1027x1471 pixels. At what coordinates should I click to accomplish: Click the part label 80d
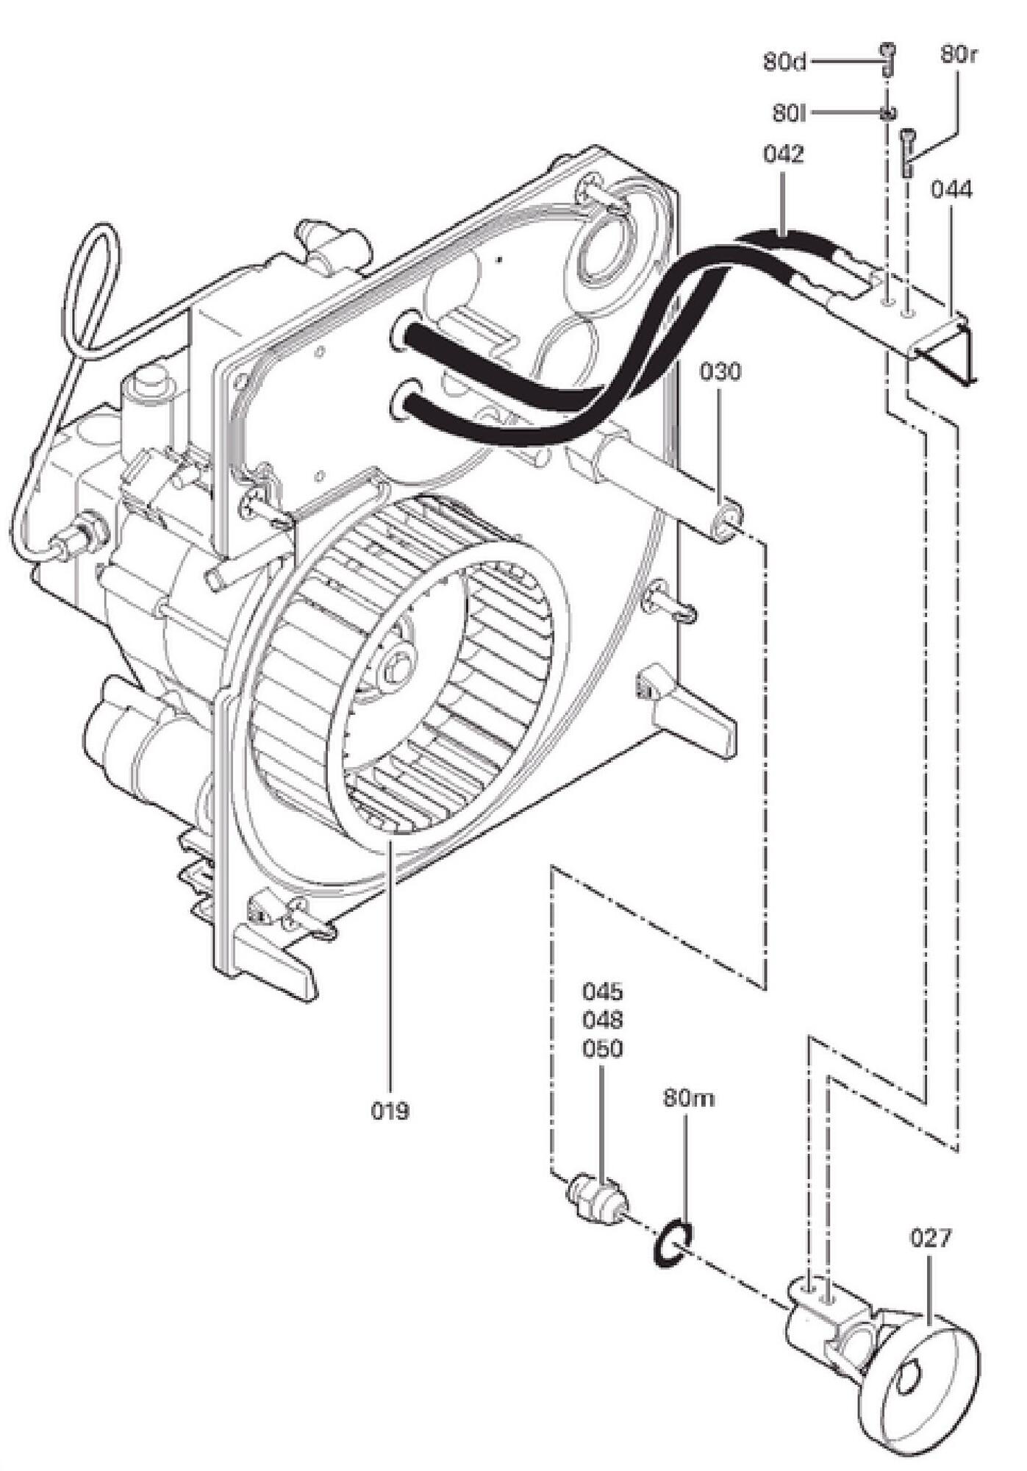784,62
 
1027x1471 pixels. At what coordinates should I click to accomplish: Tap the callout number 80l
790,113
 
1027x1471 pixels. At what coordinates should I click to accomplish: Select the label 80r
958,54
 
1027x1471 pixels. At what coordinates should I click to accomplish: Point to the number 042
784,155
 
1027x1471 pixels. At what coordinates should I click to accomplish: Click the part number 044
951,190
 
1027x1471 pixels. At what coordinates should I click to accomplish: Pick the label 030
720,371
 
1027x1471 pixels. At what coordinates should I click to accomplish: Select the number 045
602,991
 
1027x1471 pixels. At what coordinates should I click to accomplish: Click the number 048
602,1020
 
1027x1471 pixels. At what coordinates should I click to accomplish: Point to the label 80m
689,1098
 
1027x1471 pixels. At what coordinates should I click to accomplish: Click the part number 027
931,1238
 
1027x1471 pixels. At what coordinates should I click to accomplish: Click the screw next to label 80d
888,59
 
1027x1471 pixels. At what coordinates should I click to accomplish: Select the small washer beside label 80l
888,113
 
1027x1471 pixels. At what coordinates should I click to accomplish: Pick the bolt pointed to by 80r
908,151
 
